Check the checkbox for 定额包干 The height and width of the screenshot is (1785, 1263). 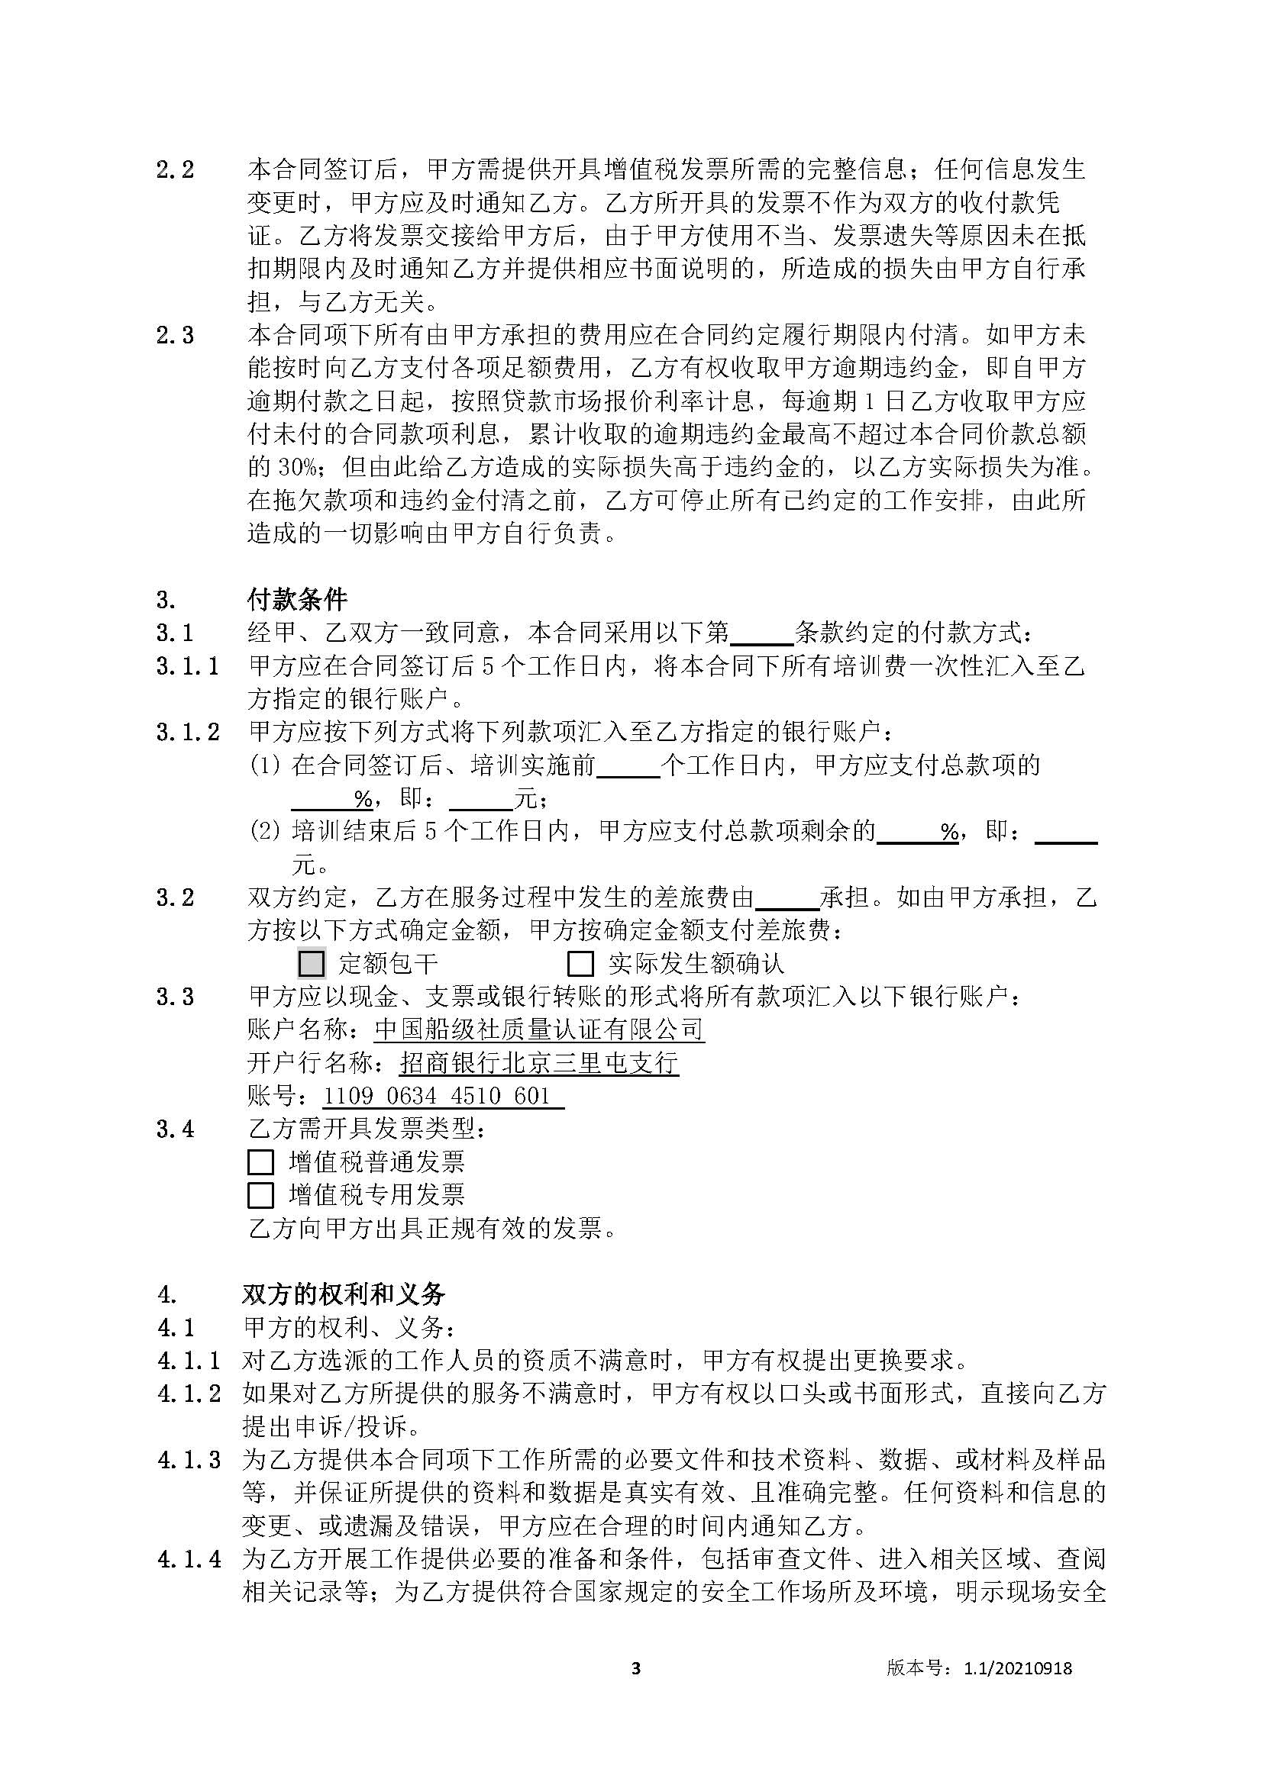[x=311, y=964]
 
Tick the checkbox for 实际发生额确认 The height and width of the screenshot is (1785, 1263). [x=580, y=964]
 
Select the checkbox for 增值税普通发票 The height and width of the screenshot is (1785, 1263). [x=260, y=1162]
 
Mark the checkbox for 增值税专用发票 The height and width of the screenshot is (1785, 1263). [x=260, y=1195]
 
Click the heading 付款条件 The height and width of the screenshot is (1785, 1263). [x=296, y=599]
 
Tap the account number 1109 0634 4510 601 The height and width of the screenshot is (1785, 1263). [x=437, y=1096]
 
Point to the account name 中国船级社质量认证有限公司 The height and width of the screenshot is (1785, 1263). [x=539, y=1029]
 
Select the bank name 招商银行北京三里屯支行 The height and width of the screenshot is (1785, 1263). [x=539, y=1063]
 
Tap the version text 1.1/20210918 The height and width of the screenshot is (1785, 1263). [x=1017, y=1668]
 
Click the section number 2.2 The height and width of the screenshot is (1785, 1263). [x=175, y=169]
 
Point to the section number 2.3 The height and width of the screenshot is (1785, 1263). [x=175, y=336]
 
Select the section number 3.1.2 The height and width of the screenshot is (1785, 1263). [x=187, y=733]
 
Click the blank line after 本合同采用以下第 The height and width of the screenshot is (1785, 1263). [x=761, y=633]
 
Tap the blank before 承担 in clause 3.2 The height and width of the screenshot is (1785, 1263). [x=787, y=898]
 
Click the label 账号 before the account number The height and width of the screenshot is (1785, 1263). [x=272, y=1096]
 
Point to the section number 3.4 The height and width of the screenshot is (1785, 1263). [x=175, y=1129]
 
